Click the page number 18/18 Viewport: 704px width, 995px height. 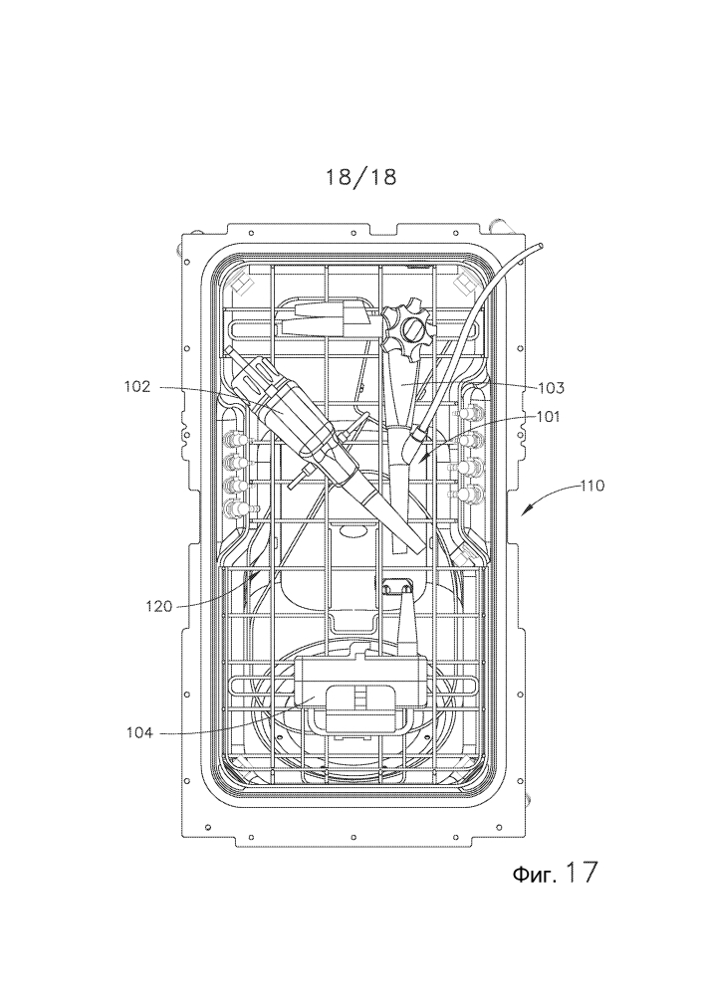pyautogui.click(x=361, y=177)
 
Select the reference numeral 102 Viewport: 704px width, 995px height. pyautogui.click(x=137, y=386)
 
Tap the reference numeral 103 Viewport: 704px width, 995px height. pyautogui.click(x=551, y=387)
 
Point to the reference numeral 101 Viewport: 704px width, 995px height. pyautogui.click(x=549, y=417)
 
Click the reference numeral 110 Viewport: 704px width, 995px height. pyautogui.click(x=592, y=487)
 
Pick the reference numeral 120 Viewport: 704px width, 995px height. pyautogui.click(x=158, y=607)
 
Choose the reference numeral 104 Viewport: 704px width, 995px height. pyautogui.click(x=139, y=733)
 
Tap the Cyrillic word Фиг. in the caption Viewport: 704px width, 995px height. pyautogui.click(x=534, y=875)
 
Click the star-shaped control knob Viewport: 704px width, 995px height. pyautogui.click(x=410, y=330)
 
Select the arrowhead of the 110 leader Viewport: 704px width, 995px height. pyautogui.click(x=525, y=510)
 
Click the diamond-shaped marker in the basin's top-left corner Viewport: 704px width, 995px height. pyautogui.click(x=243, y=282)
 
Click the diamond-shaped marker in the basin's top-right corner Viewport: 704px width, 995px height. pyautogui.click(x=467, y=282)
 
